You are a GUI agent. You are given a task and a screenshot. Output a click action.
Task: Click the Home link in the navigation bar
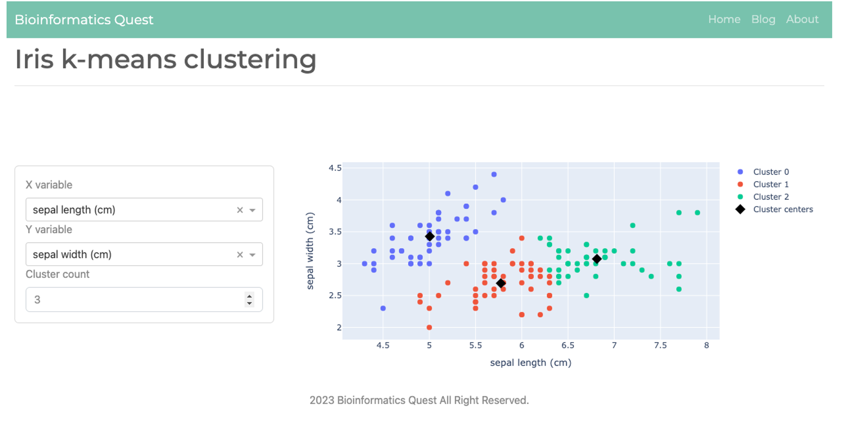[724, 19]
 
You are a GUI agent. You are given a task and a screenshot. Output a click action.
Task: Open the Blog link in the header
[763, 19]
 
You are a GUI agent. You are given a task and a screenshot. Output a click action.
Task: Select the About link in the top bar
[802, 19]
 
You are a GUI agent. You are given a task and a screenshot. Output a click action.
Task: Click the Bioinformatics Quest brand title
[84, 20]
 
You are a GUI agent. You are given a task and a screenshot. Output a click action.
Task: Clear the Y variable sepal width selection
[240, 255]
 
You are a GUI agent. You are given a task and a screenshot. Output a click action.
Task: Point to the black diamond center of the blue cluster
[430, 236]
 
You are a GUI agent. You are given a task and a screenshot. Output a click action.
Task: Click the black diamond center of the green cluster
[597, 259]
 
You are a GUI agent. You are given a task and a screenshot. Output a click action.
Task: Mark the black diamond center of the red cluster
[501, 283]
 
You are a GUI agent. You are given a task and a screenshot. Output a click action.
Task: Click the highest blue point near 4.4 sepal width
[494, 174]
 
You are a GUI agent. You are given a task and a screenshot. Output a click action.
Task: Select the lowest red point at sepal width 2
[429, 327]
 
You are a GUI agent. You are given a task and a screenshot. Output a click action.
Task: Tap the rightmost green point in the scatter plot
[698, 213]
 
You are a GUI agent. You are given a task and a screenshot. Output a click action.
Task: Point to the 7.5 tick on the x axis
[660, 345]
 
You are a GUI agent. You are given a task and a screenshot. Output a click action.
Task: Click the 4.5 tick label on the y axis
[335, 168]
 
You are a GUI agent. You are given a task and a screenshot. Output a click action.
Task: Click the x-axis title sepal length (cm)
[530, 363]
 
